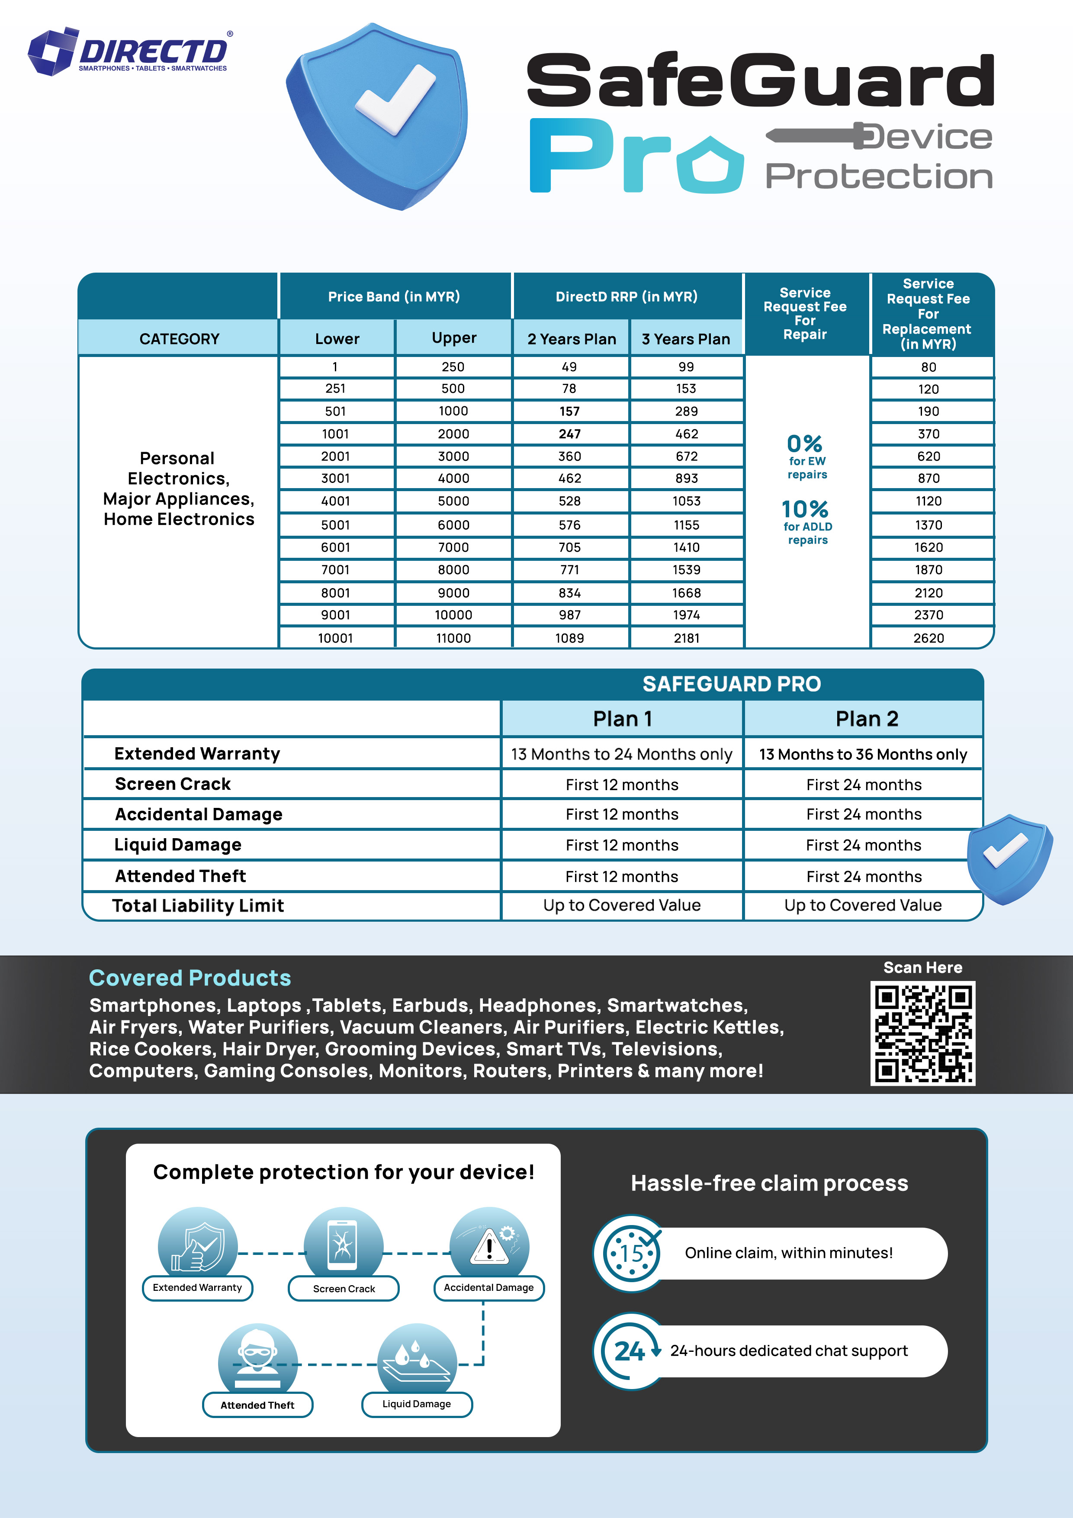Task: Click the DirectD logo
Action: (x=129, y=51)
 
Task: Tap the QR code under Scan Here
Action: (x=922, y=1033)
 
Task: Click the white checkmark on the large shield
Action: (x=395, y=99)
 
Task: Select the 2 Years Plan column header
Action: (x=571, y=339)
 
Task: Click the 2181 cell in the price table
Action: (x=686, y=638)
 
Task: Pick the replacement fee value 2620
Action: (x=928, y=638)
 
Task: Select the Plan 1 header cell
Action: (x=622, y=719)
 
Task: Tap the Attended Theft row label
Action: (x=180, y=876)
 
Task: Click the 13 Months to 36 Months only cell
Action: (x=863, y=754)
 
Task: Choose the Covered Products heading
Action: (x=190, y=978)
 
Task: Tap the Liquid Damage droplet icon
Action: (x=417, y=1360)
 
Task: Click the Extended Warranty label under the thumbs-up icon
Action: (x=197, y=1288)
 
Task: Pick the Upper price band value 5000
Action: (x=453, y=501)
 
